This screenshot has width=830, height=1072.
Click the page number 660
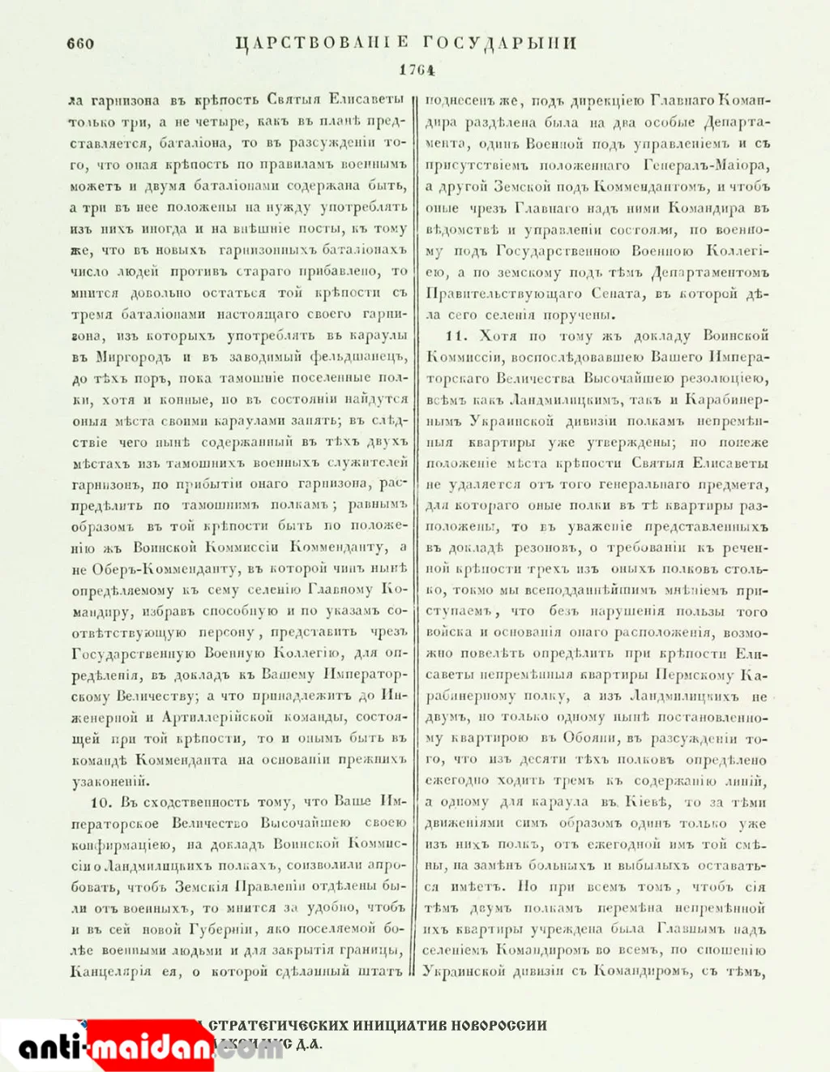[x=80, y=43]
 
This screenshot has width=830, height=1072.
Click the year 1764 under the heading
[x=417, y=70]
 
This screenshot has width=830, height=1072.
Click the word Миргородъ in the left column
[x=133, y=357]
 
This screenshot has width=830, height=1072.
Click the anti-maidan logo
[x=113, y=1048]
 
